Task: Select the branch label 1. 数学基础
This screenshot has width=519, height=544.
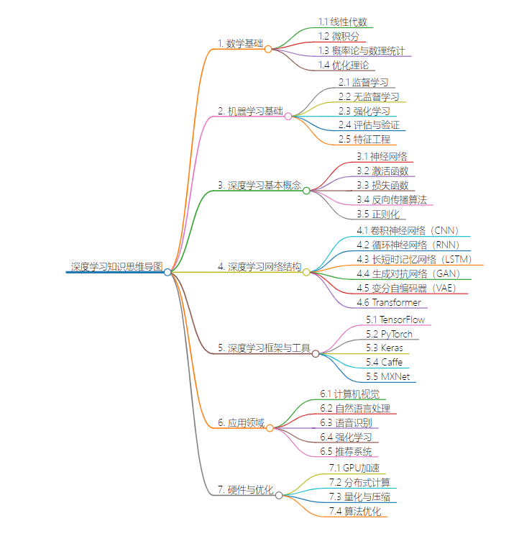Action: [x=240, y=43]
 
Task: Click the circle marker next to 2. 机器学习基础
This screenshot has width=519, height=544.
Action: [x=288, y=116]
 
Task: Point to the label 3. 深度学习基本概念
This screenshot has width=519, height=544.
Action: [x=259, y=185]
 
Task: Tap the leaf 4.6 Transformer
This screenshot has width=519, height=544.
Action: [x=389, y=302]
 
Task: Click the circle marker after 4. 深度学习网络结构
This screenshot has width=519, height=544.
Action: [x=306, y=272]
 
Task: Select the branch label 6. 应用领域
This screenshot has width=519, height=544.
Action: [x=241, y=422]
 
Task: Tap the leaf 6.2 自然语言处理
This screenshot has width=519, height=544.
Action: [x=355, y=409]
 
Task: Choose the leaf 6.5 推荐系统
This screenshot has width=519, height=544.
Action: [x=346, y=452]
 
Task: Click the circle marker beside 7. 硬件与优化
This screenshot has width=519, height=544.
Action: [x=279, y=495]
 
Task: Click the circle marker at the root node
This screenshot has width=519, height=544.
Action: [x=167, y=272]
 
